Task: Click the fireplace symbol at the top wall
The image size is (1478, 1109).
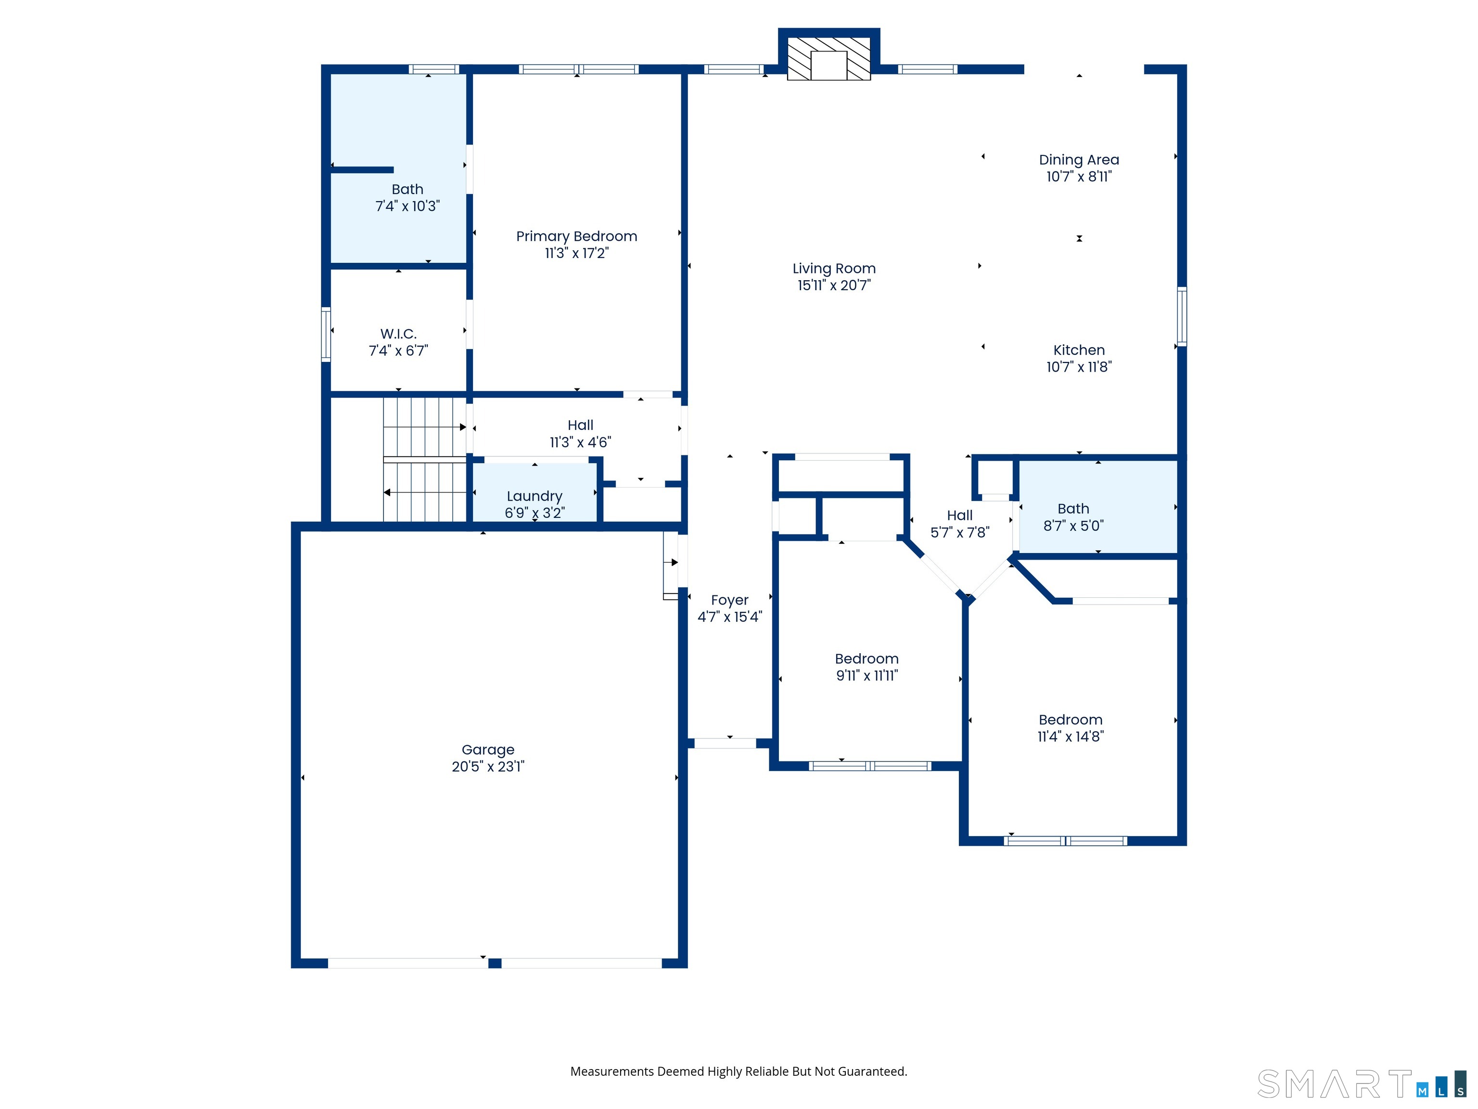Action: (828, 59)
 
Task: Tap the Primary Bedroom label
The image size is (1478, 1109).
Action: (577, 236)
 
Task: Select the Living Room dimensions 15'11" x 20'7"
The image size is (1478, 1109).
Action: (834, 285)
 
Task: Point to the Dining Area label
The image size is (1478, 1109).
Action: (1079, 160)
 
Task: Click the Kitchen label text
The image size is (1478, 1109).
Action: (1079, 350)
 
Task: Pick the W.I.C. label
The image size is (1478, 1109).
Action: (398, 334)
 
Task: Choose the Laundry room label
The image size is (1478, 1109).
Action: (535, 496)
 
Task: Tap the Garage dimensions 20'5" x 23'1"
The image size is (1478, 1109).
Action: (488, 766)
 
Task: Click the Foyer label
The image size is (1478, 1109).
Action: (730, 600)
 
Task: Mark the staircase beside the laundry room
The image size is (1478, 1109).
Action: (424, 459)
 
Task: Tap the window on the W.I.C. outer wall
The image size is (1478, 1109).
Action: (326, 334)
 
